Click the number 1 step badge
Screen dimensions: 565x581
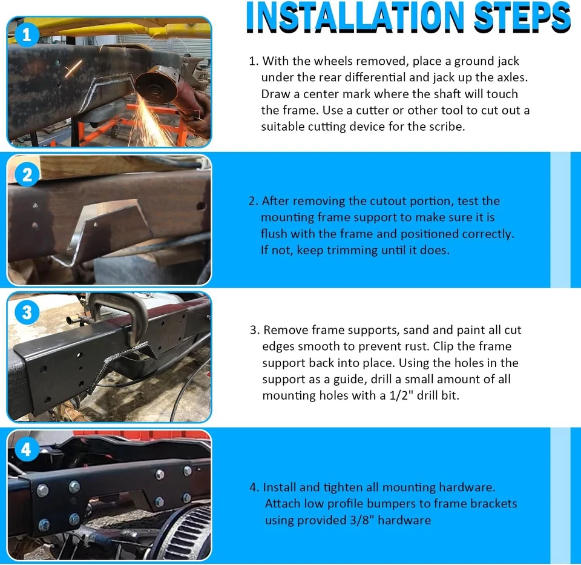pos(26,35)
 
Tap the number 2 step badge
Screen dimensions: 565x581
pos(26,175)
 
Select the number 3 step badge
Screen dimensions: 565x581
pos(26,312)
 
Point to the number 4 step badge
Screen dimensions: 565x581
pos(26,449)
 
